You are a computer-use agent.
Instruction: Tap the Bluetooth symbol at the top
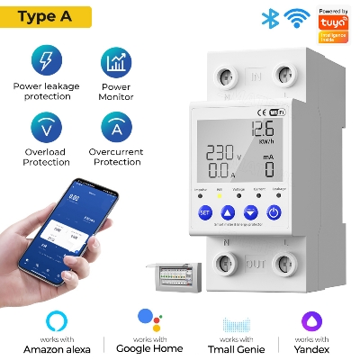pyautogui.click(x=267, y=18)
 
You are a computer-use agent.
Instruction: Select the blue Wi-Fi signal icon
pyautogui.click(x=294, y=18)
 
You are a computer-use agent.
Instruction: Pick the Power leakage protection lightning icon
pyautogui.click(x=46, y=61)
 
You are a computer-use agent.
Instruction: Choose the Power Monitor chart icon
pyautogui.click(x=116, y=61)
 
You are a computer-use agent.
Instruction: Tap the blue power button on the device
pyautogui.click(x=274, y=212)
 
